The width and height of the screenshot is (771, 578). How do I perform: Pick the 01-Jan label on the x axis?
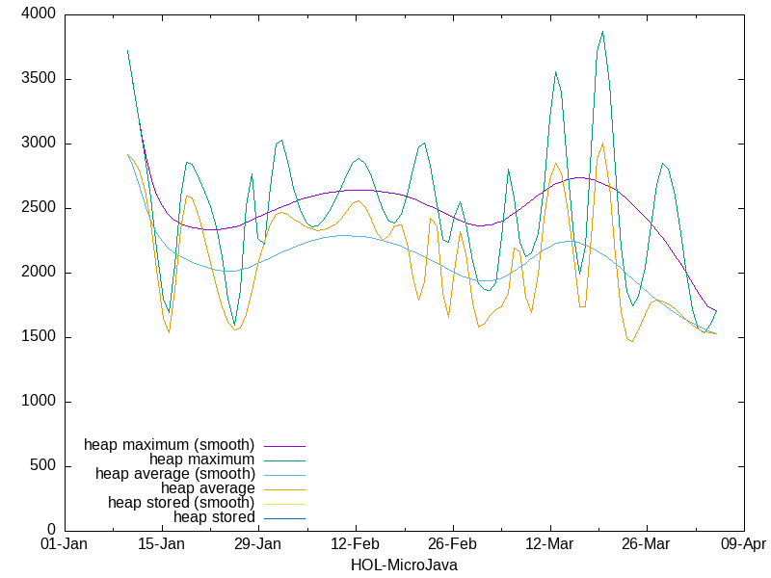(x=64, y=543)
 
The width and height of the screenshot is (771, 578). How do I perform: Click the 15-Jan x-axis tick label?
(x=161, y=543)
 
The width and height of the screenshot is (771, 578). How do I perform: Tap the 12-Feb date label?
(x=355, y=543)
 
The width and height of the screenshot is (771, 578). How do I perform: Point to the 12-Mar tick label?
(x=549, y=543)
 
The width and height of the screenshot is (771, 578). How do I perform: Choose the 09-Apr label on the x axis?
(x=743, y=543)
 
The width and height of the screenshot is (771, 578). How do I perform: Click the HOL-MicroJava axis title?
(x=404, y=565)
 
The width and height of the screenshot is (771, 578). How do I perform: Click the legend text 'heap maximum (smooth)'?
(x=170, y=445)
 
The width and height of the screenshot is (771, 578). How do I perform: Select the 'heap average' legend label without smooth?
(x=207, y=488)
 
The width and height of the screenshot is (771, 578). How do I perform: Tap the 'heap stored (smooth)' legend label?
(x=181, y=503)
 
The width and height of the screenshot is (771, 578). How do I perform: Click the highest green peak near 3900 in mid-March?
(x=602, y=32)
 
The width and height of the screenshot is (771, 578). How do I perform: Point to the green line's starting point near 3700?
(x=127, y=50)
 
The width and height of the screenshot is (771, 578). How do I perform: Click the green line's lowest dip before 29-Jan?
(x=235, y=326)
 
